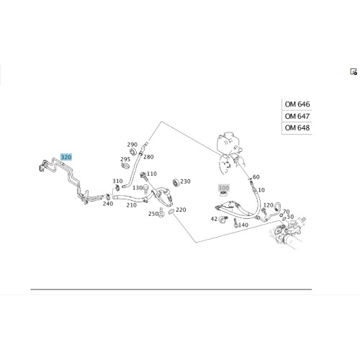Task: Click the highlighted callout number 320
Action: click(66, 157)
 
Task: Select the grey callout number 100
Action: click(224, 188)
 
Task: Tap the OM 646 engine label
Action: click(297, 104)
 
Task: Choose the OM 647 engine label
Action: click(297, 116)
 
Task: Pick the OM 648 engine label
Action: click(297, 127)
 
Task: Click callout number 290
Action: click(132, 145)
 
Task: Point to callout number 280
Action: click(148, 157)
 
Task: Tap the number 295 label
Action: click(125, 159)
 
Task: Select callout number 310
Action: click(117, 181)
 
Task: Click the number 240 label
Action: click(108, 204)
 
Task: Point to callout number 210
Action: click(132, 205)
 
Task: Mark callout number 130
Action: click(138, 188)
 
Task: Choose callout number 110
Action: click(152, 174)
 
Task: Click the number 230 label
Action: click(185, 181)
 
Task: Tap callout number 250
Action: click(153, 214)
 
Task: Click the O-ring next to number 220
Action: click(171, 212)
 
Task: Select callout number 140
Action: click(243, 225)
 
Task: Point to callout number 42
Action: click(214, 219)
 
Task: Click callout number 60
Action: click(256, 177)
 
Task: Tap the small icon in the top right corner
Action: click(354, 72)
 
